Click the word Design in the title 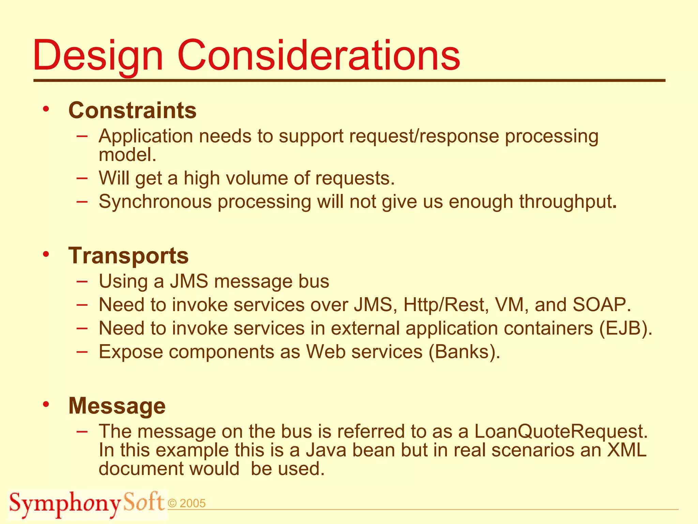pyautogui.click(x=98, y=55)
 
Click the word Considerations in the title pyautogui.click(x=319, y=55)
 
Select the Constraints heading pyautogui.click(x=132, y=110)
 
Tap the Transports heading pyautogui.click(x=128, y=256)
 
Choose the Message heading pyautogui.click(x=117, y=406)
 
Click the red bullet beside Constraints pyautogui.click(x=46, y=109)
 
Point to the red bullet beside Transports pyautogui.click(x=46, y=254)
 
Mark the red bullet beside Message pyautogui.click(x=46, y=404)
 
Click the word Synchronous pyautogui.click(x=155, y=201)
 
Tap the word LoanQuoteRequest pyautogui.click(x=561, y=431)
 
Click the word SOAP pyautogui.click(x=602, y=304)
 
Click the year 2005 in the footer pyautogui.click(x=192, y=504)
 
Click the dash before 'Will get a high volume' pyautogui.click(x=82, y=178)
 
